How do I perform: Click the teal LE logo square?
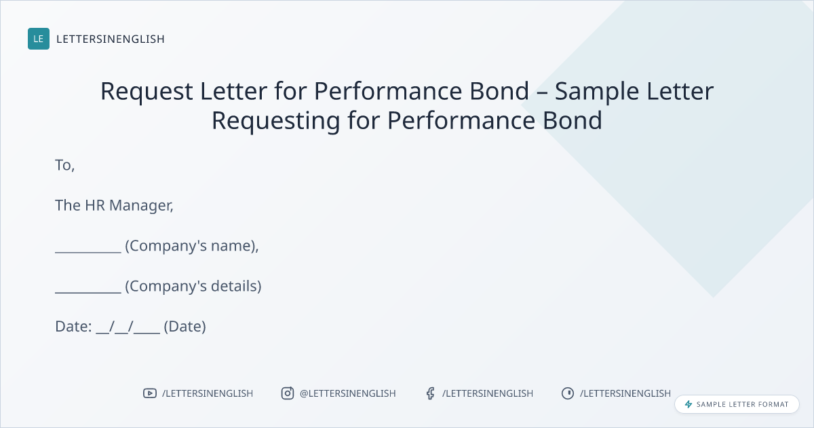[39, 39]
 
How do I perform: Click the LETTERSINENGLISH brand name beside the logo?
[111, 39]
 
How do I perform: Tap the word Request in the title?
[147, 92]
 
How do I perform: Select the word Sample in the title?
[597, 92]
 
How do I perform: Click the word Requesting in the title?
[276, 121]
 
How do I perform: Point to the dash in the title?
[542, 92]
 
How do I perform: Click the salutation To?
[64, 166]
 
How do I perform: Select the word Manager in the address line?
[140, 206]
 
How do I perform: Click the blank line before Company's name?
[88, 252]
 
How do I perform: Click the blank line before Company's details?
[88, 292]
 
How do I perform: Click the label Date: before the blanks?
[73, 327]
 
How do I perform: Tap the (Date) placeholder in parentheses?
[185, 327]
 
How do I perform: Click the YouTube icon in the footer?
[150, 393]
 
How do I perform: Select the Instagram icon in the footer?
[288, 393]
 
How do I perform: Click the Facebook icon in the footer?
[430, 393]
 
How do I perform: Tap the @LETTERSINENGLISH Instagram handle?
[348, 393]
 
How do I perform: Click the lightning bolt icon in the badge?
[689, 404]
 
